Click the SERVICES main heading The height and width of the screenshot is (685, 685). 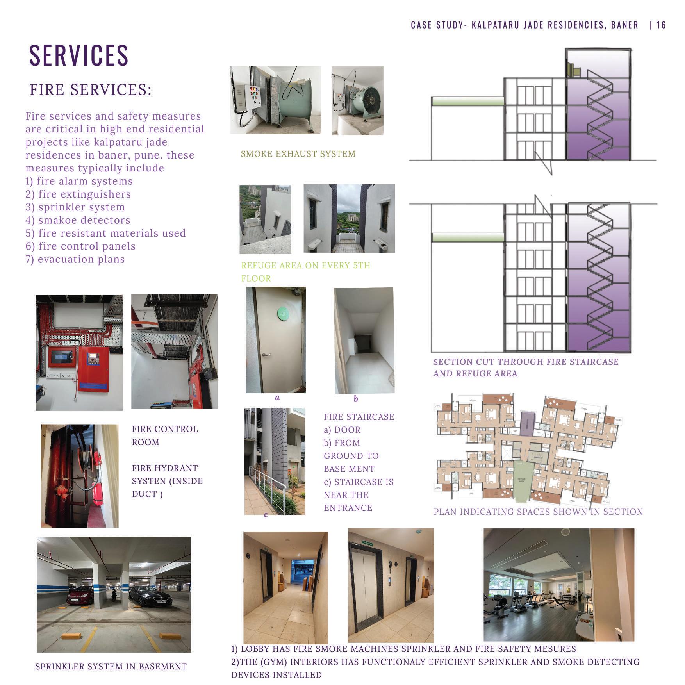click(x=79, y=55)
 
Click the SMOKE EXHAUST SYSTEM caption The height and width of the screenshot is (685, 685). click(x=298, y=154)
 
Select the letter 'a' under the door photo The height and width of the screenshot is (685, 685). click(x=277, y=398)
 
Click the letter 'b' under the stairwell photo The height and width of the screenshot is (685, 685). click(x=355, y=399)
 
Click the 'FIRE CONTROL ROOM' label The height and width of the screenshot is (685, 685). click(x=164, y=435)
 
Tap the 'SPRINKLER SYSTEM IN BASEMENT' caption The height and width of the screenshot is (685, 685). click(x=111, y=667)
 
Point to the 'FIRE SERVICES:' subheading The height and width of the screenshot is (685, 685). click(x=91, y=90)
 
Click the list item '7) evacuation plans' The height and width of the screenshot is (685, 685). click(x=75, y=259)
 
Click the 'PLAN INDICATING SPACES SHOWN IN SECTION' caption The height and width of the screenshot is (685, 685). click(x=538, y=512)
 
